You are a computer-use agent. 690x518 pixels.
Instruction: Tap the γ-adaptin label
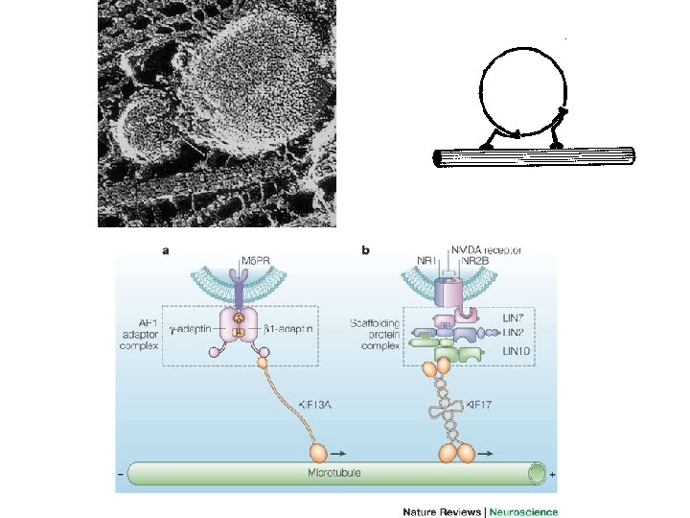point(195,327)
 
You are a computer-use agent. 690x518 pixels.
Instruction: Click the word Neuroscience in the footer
point(523,512)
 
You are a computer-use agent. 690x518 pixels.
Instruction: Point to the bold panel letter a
point(166,250)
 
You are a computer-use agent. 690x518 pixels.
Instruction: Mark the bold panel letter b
point(365,250)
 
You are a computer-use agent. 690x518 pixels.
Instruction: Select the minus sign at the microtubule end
point(120,474)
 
